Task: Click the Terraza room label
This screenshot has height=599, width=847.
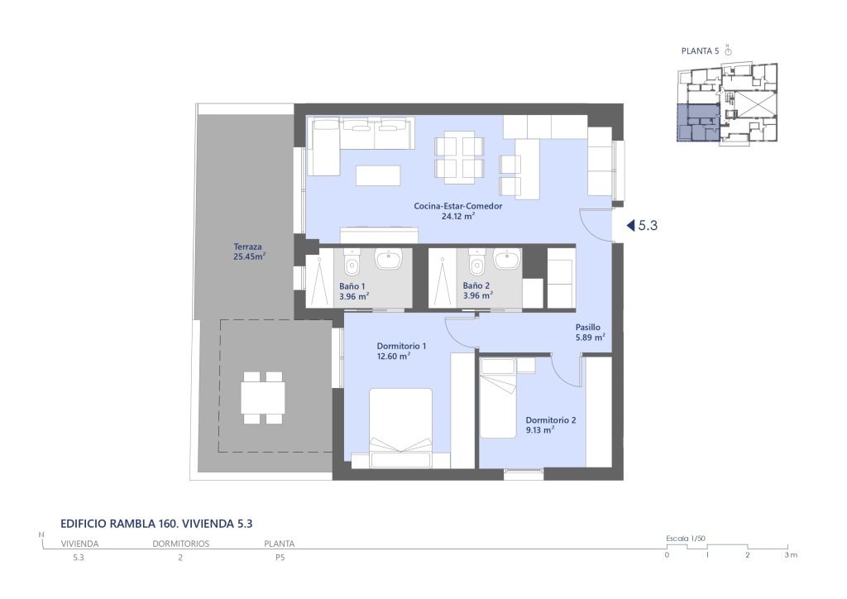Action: coord(248,247)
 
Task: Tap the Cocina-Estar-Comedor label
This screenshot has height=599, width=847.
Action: coord(458,206)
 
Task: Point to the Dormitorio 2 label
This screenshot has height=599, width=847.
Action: coord(551,419)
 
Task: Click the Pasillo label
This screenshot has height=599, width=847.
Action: coord(588,327)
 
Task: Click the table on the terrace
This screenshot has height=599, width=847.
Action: coord(263,397)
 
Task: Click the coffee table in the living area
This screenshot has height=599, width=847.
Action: coord(378,175)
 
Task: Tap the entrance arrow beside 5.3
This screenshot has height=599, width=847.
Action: coord(630,226)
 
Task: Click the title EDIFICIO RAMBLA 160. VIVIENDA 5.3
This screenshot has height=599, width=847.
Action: coord(156,524)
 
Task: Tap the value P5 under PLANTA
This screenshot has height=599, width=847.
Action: coord(280,558)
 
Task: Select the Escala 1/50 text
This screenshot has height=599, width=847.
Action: coord(686,539)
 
